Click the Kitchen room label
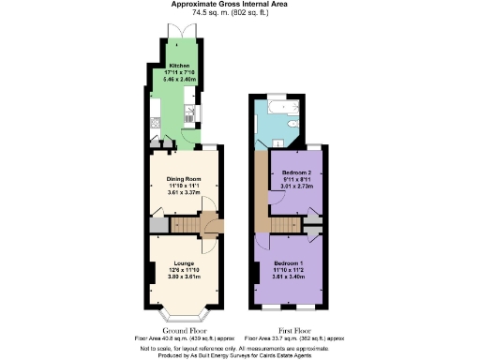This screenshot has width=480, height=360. pyautogui.click(x=179, y=66)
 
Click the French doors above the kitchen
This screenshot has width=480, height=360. pyautogui.click(x=178, y=31)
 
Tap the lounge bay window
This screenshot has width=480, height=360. pyautogui.click(x=183, y=308)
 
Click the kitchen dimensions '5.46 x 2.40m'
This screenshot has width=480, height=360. pyautogui.click(x=179, y=79)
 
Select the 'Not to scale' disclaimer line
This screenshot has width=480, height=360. pyautogui.click(x=239, y=348)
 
